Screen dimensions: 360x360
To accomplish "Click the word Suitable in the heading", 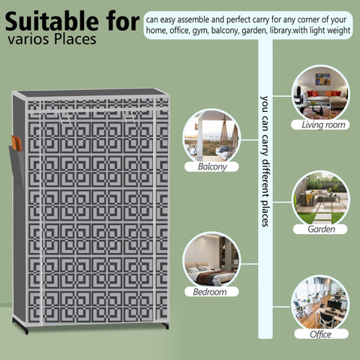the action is point(52,21).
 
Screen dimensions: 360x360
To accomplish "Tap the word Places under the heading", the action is point(75,40).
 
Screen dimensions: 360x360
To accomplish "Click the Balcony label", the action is point(212,166).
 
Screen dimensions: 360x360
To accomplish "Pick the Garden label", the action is point(321,229).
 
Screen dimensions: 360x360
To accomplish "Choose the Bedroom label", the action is point(210,292).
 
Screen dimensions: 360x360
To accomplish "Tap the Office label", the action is point(320,334).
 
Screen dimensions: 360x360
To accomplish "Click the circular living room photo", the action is point(321,93).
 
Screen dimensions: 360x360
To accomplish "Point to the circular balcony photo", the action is point(211,136).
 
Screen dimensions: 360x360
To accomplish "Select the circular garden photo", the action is point(321,199).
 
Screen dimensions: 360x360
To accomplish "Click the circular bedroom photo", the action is point(211,260).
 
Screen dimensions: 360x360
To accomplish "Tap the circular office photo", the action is point(321,303).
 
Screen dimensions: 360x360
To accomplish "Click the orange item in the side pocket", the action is point(16,143).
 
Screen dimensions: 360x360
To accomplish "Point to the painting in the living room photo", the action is point(322,79).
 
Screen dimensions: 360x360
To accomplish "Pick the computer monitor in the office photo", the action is point(334,304).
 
